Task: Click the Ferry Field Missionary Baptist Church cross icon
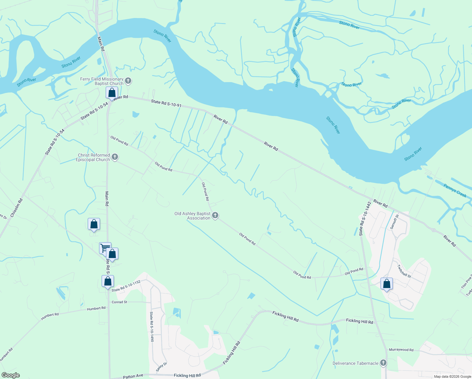[128, 81]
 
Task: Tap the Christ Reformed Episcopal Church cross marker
[115, 157]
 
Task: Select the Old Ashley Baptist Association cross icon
[215, 215]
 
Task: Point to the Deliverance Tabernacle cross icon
[383, 363]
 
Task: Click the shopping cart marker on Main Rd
[105, 248]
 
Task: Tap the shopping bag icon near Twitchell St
[386, 284]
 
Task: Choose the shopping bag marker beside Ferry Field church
[112, 93]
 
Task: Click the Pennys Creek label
[455, 190]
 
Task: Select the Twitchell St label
[404, 271]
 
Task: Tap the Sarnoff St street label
[395, 221]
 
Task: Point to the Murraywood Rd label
[401, 350]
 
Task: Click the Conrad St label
[119, 302]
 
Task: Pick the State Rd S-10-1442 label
[365, 219]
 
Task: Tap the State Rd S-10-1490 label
[152, 327]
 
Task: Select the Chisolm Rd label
[16, 208]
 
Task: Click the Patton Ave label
[133, 376]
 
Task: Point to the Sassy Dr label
[161, 367]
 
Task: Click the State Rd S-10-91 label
[166, 103]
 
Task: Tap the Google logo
[10, 375]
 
